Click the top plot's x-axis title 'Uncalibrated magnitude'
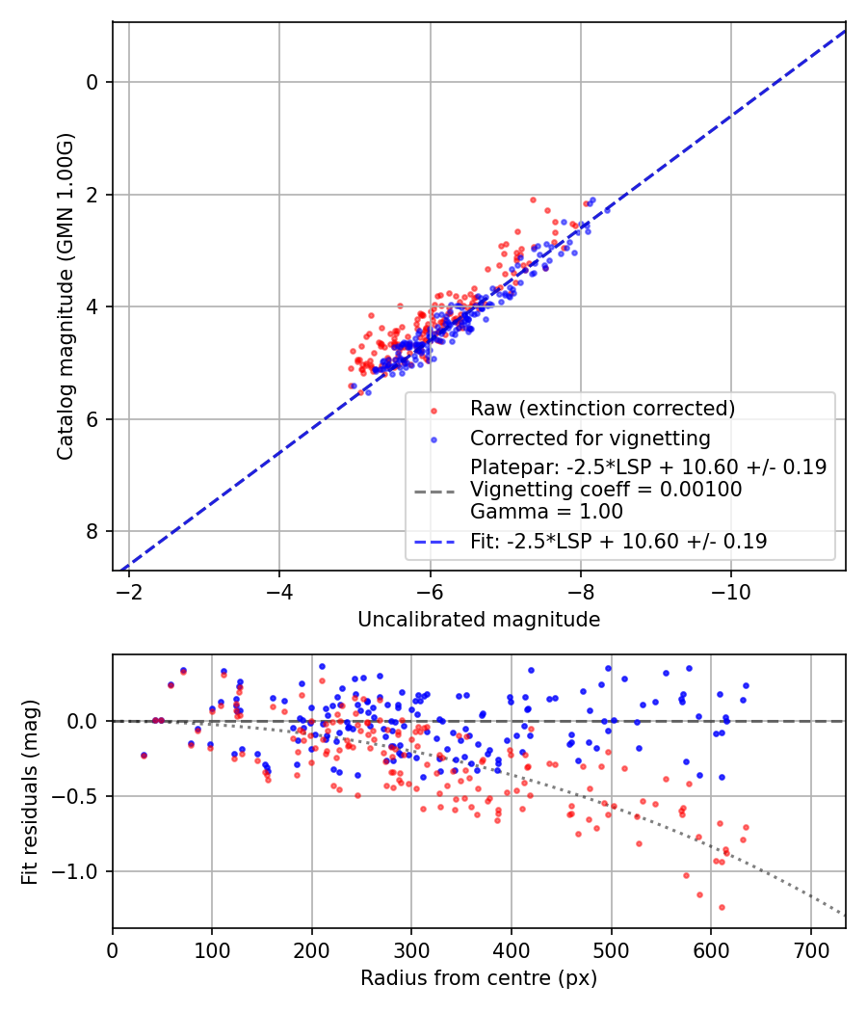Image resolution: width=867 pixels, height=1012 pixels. coord(479,620)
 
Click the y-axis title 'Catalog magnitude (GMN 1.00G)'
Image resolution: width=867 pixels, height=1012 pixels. coord(65,296)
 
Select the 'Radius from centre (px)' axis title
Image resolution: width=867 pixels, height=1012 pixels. coord(479,978)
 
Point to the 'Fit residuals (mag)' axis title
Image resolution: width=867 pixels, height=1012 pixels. coord(30,790)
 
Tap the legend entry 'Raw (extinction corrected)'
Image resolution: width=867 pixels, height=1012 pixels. coord(602,409)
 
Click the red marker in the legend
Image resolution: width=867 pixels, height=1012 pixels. coord(433,409)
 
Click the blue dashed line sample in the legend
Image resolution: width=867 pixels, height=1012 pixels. coord(433,542)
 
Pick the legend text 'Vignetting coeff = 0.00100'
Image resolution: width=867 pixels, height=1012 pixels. coord(606,490)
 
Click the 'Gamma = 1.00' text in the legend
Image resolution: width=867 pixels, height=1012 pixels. coord(546,512)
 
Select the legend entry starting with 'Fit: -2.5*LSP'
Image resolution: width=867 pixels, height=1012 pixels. coord(618,542)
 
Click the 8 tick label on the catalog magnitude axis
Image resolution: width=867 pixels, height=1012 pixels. coord(93,531)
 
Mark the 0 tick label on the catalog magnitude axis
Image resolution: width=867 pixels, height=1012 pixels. coord(93,82)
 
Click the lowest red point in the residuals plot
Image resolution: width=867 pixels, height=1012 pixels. coord(721,907)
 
